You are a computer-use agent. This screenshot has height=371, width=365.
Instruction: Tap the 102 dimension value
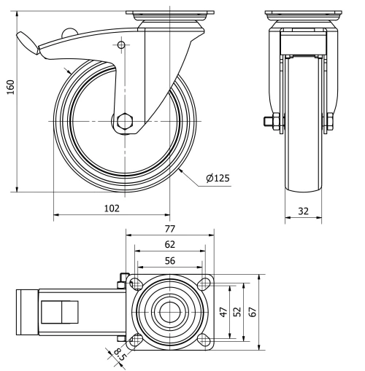tap(111, 208)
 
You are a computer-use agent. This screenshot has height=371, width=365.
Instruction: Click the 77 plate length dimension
tap(169, 228)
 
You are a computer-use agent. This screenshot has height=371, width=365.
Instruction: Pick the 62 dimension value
tap(169, 244)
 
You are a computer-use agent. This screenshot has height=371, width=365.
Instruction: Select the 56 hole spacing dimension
tap(169, 261)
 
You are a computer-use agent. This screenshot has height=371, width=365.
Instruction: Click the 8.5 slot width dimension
tap(118, 356)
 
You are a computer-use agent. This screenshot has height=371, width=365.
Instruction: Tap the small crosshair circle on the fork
tap(120, 46)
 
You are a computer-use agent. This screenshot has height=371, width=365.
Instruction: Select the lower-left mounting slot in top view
tap(134, 338)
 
